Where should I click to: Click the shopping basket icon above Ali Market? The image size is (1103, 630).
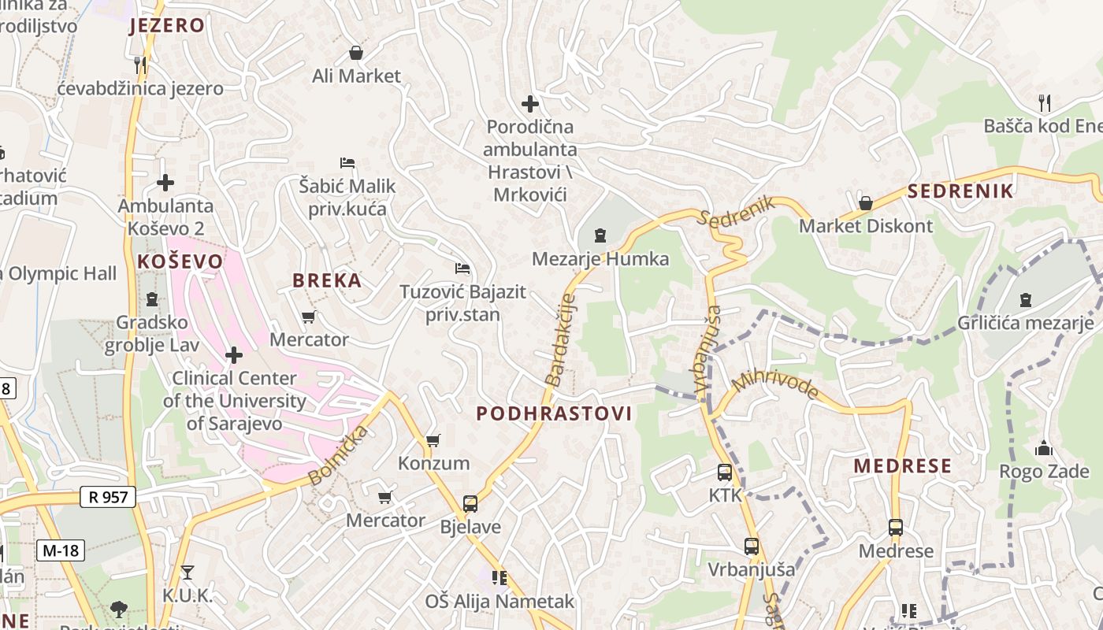[x=356, y=53]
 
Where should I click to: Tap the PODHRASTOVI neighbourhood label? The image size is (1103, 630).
[x=554, y=413]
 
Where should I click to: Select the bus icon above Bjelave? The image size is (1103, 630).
[x=470, y=503]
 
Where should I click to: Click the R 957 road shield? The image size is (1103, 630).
[x=108, y=496]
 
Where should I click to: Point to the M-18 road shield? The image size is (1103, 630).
[x=61, y=550]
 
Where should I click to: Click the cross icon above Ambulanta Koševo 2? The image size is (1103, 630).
[x=165, y=183]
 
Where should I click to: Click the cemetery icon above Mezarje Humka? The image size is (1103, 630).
[x=600, y=235]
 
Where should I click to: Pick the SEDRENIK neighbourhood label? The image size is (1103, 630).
[x=960, y=191]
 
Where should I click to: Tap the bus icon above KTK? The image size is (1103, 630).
[x=725, y=472]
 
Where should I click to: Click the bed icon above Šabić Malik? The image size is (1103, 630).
[x=347, y=163]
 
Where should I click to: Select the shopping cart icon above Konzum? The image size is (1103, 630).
[x=433, y=440]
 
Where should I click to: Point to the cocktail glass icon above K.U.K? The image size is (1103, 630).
[x=187, y=572]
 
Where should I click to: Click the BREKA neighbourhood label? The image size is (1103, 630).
[x=327, y=280]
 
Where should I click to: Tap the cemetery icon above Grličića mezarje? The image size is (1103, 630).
[x=1026, y=300]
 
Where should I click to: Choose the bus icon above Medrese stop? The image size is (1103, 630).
[x=896, y=528]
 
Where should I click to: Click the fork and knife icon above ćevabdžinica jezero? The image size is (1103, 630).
[x=140, y=65]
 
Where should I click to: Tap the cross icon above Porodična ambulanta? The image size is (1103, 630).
[x=530, y=103]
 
